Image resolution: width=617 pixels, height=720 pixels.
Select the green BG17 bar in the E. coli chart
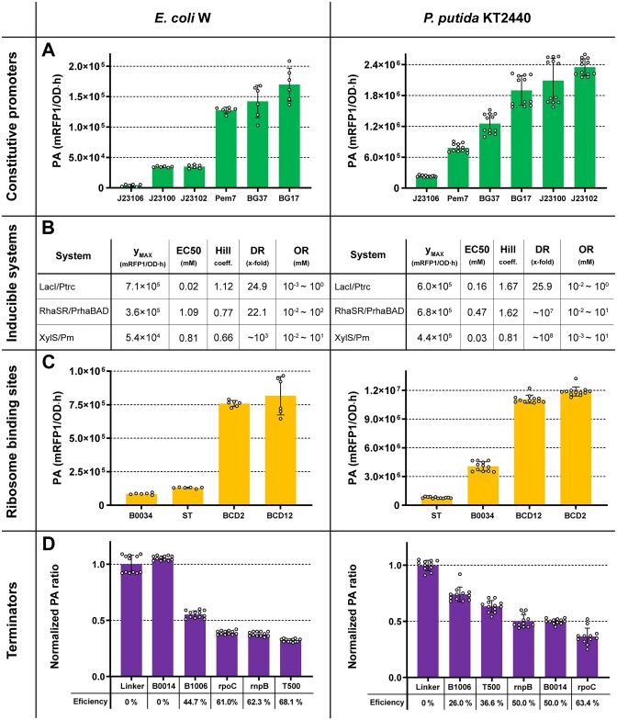click(x=289, y=136)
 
